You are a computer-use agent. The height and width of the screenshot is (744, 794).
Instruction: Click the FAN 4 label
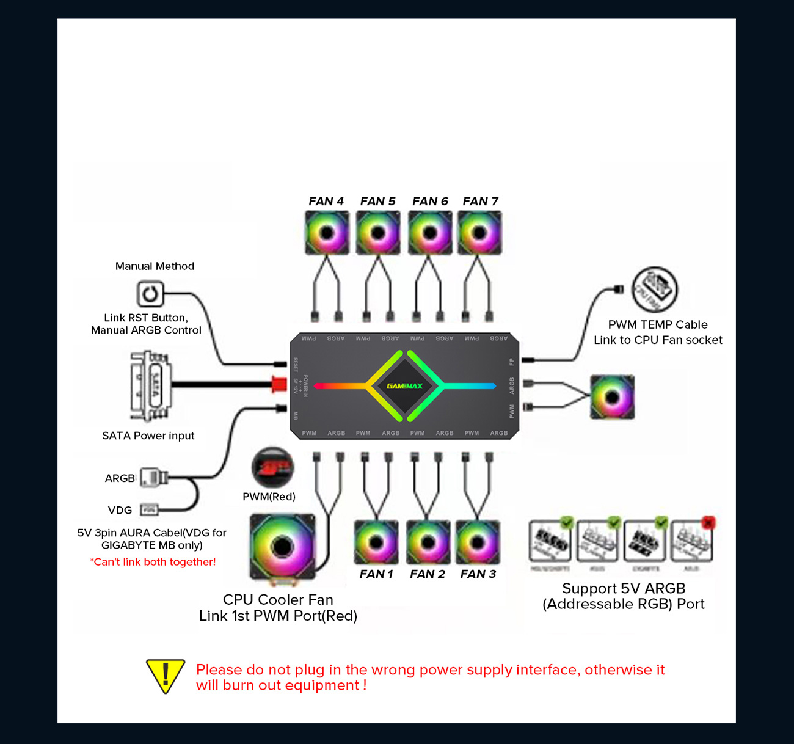click(326, 201)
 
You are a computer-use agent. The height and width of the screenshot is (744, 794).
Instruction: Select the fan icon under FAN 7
click(479, 233)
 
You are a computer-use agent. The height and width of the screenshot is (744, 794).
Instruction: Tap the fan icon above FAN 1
click(376, 542)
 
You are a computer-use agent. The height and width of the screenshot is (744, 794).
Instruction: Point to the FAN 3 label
click(478, 574)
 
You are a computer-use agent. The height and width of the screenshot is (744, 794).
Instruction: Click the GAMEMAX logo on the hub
click(404, 385)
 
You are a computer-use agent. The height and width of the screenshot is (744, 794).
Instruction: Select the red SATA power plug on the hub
click(279, 384)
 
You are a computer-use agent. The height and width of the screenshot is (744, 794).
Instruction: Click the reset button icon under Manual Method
click(150, 294)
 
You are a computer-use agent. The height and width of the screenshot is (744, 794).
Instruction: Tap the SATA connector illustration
click(150, 385)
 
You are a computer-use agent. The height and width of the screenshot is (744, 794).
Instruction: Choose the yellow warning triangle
click(165, 676)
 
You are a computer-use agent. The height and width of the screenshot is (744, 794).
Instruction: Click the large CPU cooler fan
click(282, 546)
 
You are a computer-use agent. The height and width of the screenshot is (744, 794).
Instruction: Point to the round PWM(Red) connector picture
click(272, 468)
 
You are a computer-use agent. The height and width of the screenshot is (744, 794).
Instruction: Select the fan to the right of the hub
click(612, 398)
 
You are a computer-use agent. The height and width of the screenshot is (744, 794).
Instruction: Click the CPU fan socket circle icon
click(655, 290)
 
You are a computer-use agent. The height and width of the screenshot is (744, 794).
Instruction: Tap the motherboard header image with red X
click(691, 541)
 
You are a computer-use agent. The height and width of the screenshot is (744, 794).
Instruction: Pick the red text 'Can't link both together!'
click(153, 562)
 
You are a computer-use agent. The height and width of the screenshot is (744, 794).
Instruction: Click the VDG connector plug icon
click(149, 509)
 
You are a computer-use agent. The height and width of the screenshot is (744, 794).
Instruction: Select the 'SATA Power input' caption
click(148, 436)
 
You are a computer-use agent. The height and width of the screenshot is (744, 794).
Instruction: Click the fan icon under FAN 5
click(377, 233)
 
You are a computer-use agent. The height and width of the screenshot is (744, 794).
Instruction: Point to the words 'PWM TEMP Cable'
click(658, 324)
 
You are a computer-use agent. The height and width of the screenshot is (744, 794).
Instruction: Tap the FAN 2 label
click(428, 574)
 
